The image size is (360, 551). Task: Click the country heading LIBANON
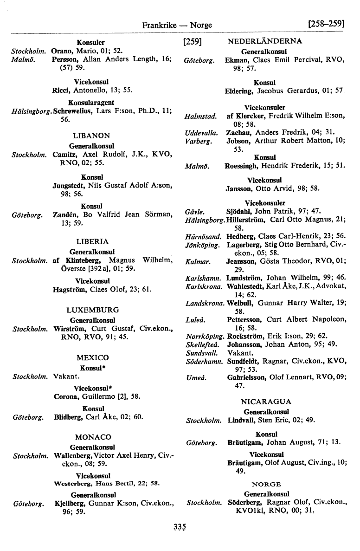tap(92, 136)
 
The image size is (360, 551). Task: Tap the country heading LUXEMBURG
tap(93, 310)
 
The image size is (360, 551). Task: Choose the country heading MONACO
tap(93, 437)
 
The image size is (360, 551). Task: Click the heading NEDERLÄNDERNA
tap(265, 41)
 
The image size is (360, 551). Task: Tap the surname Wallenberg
tap(72, 456)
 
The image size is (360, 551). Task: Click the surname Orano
tap(62, 50)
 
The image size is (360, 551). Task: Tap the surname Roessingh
tap(242, 165)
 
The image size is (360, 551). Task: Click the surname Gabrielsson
tap(247, 378)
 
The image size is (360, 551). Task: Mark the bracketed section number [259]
tap(192, 42)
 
